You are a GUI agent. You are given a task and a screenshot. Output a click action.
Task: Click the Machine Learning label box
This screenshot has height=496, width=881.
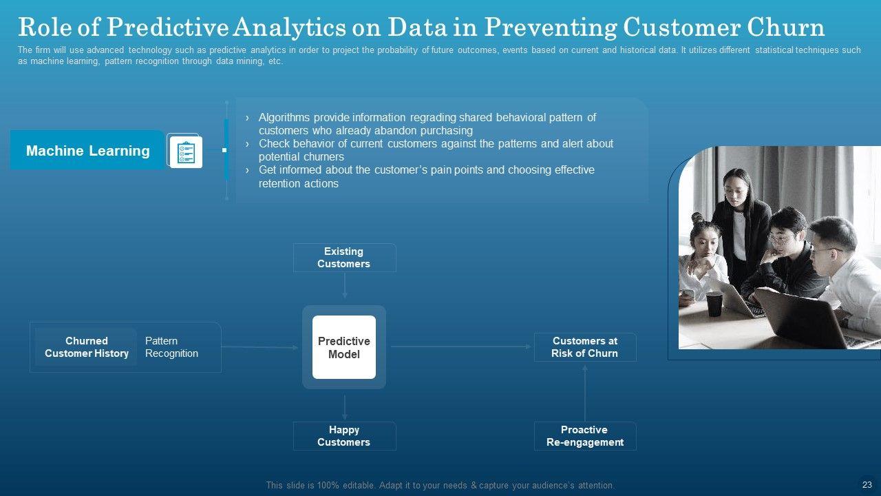pos(87,150)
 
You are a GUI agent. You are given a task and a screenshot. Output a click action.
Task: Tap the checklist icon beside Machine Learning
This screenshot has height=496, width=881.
pos(185,152)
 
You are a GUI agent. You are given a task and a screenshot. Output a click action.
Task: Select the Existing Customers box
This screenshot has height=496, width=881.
pos(344,258)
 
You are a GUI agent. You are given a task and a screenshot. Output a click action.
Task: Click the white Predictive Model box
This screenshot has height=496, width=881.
pos(344,347)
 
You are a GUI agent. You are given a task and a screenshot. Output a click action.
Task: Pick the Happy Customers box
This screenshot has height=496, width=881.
pos(344,436)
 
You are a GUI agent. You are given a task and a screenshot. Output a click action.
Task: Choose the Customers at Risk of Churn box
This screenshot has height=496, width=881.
pos(585,347)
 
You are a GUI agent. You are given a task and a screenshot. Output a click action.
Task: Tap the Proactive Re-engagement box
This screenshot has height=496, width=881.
pos(585,436)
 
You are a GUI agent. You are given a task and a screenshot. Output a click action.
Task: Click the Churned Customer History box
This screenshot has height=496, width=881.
pos(87,347)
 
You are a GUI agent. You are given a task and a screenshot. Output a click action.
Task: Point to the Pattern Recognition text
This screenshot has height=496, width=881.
pos(171,347)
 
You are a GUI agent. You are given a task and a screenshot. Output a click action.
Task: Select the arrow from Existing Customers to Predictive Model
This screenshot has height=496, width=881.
pos(345,285)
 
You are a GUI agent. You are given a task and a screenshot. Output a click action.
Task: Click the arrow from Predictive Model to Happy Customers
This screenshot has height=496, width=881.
pos(345,407)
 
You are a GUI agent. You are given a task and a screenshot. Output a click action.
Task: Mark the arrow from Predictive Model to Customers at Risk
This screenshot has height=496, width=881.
pos(461,347)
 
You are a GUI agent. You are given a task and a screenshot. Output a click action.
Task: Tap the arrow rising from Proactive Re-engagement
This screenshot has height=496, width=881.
pos(585,393)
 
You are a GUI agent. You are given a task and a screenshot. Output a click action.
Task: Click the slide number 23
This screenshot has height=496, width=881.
pos(867,485)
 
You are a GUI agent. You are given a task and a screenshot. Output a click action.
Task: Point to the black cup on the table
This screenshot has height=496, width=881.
pos(714,304)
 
